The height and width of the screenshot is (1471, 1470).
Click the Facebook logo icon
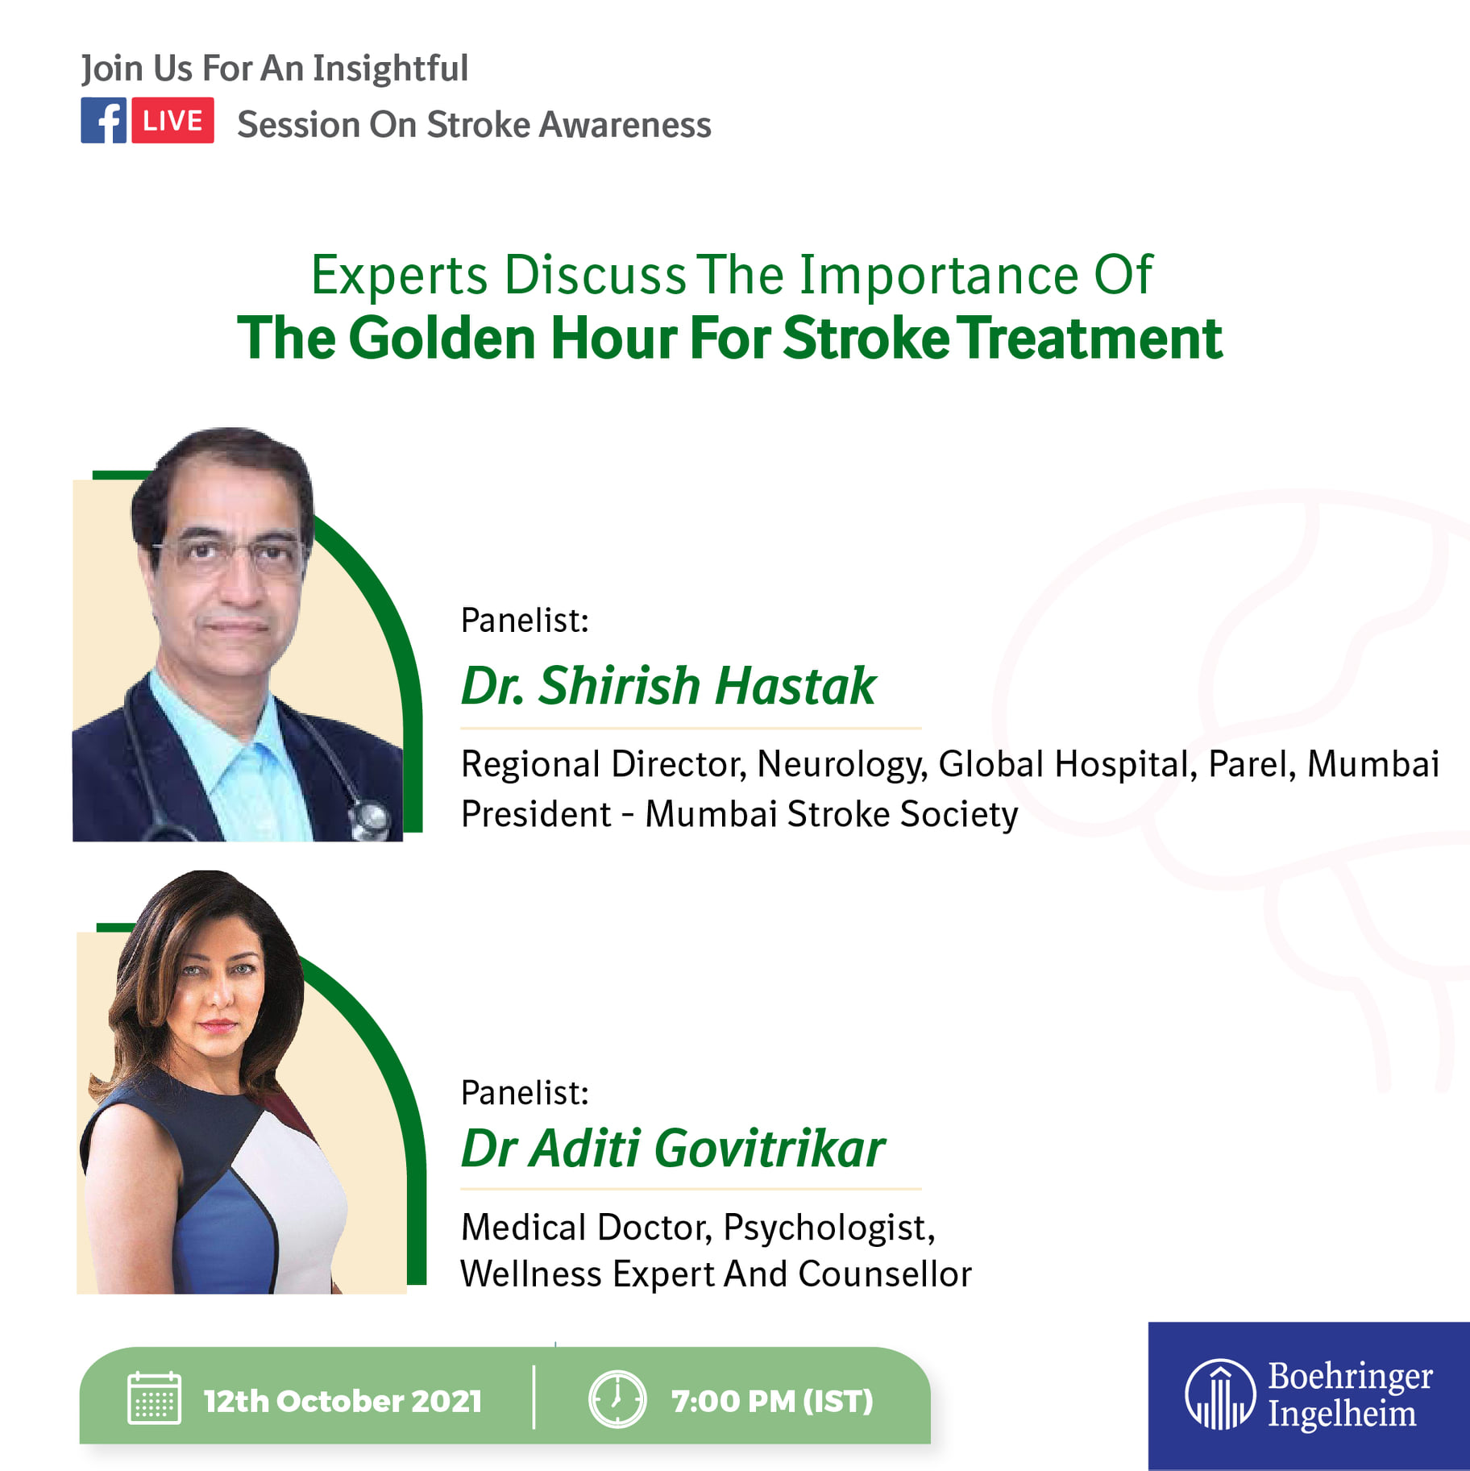(103, 120)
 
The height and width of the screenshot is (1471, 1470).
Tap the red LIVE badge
(172, 120)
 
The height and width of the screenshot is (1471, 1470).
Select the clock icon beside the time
(617, 1399)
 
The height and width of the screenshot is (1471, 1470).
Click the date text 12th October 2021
(343, 1401)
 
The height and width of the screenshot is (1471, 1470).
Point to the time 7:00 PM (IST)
(772, 1401)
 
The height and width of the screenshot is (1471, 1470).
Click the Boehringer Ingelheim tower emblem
(1220, 1394)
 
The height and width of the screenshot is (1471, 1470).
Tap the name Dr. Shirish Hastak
(668, 685)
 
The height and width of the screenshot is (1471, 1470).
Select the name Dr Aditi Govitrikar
(673, 1148)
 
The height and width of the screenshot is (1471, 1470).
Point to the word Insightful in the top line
(390, 69)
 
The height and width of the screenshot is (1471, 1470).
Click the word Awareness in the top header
(625, 125)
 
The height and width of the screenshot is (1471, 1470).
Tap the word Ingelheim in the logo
(1342, 1415)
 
